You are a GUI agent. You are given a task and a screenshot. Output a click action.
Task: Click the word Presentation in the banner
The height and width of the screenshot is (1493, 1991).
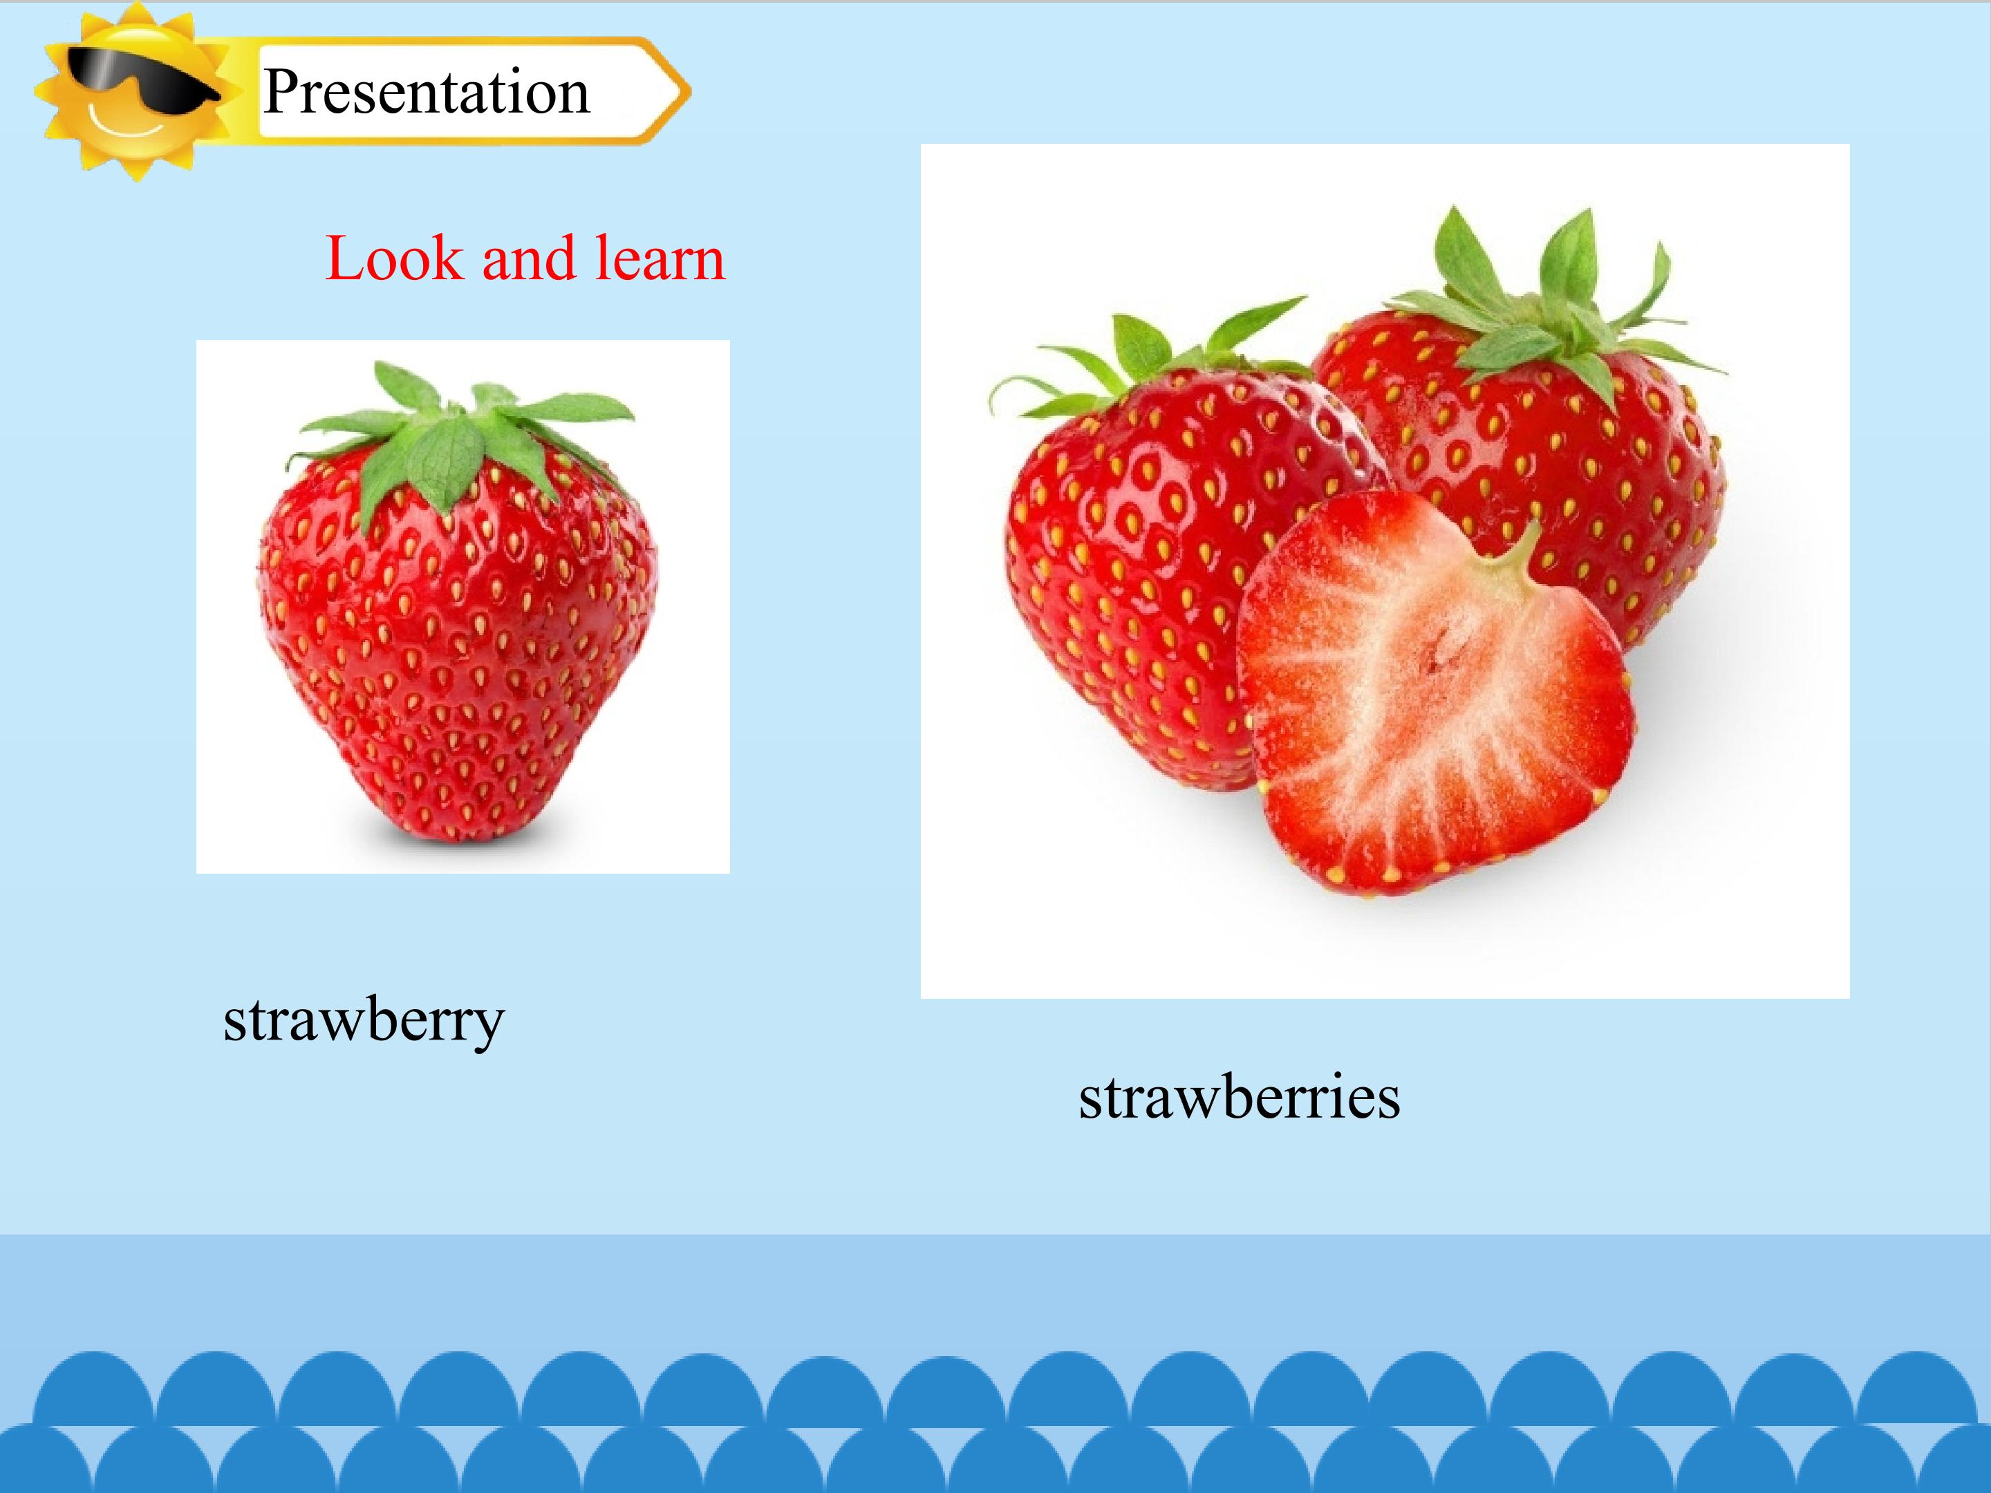pyautogui.click(x=427, y=92)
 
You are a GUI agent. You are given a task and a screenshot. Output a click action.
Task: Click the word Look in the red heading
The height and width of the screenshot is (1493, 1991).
pyautogui.click(x=393, y=259)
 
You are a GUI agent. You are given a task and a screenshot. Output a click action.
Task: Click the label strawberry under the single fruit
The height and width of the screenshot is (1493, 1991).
pyautogui.click(x=364, y=1022)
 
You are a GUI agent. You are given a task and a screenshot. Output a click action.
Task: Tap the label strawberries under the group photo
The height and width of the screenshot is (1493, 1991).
pyautogui.click(x=1240, y=1097)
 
